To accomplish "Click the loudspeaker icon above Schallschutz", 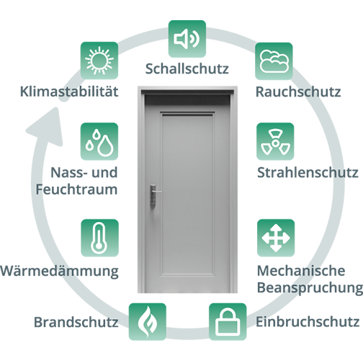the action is coord(187,39).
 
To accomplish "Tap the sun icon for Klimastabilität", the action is coord(99,60).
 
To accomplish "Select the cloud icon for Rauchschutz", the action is coord(274,61).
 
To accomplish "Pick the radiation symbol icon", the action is coord(275,141).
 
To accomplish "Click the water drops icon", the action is coord(99,141).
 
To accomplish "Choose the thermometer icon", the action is coord(99,238).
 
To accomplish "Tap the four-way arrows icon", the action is coord(276,238).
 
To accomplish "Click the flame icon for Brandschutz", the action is coord(148,322).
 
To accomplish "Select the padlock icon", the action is coord(228,322).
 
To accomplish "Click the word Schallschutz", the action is coord(187,68).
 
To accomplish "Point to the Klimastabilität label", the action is coord(69,91).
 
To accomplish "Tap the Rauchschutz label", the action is coord(298,92).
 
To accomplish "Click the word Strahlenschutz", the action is coord(308,173).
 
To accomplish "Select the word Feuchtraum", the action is coord(76,189).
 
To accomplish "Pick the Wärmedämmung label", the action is coord(59,271).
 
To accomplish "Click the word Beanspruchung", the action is coord(310,287).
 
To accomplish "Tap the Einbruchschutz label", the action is coord(308,322).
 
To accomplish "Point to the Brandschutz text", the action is coord(76,322).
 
